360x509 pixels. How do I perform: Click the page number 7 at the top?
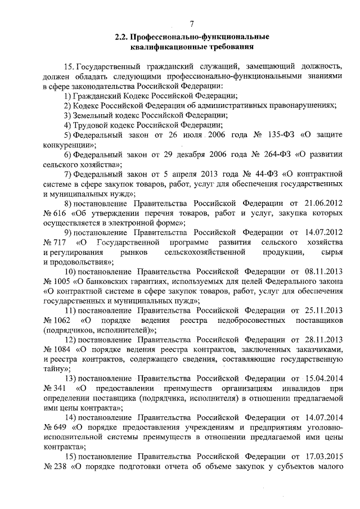point(191,24)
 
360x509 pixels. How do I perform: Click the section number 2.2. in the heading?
point(122,37)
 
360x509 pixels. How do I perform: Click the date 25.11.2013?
point(323,311)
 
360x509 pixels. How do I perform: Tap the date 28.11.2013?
point(323,340)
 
